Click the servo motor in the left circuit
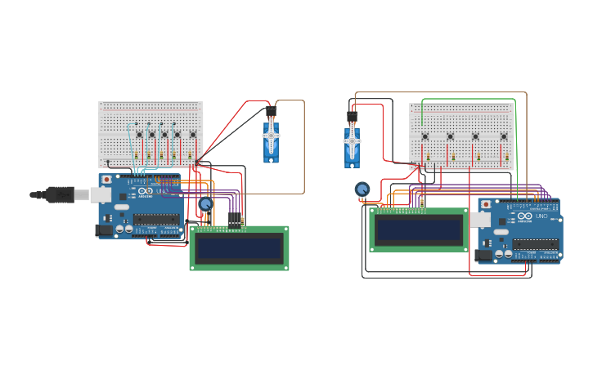[271, 140]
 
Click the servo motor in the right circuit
[352, 143]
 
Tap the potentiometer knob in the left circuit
[205, 204]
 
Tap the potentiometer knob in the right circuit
[362, 189]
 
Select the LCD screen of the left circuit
[239, 247]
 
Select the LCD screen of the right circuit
[418, 230]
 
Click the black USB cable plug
[61, 194]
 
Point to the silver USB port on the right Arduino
[479, 219]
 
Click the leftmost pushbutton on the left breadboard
[139, 134]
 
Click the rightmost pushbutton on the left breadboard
[193, 134]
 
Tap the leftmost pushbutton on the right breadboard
[424, 136]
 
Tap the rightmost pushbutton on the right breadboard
[504, 136]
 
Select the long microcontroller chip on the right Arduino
[535, 243]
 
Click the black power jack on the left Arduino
[104, 231]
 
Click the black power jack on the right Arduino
[484, 256]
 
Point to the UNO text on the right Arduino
[541, 216]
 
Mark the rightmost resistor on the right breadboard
[507, 157]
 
